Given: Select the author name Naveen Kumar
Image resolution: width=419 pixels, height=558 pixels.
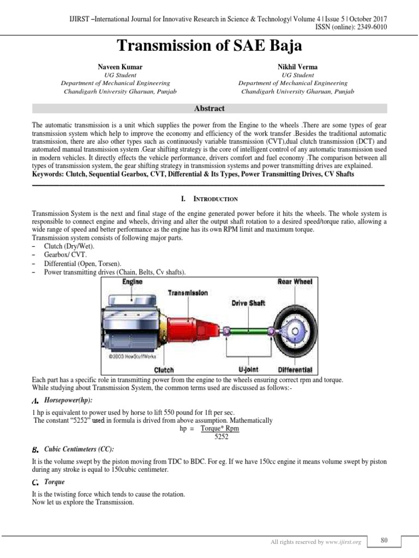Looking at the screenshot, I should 119,67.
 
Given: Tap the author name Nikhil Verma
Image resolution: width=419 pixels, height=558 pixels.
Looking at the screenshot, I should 297,67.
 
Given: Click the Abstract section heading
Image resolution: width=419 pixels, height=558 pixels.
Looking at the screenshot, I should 209,108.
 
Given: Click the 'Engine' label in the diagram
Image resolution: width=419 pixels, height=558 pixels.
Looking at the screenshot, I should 132,282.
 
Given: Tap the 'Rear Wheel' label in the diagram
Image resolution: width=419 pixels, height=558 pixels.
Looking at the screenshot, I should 295,282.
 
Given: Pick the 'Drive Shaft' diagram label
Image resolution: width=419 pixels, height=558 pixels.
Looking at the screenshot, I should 248,303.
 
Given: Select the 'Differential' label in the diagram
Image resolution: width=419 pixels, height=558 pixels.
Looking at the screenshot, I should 295,369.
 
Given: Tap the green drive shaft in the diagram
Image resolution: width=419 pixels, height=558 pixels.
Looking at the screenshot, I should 248,331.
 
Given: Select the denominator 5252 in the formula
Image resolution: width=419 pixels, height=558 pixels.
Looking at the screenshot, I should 221,436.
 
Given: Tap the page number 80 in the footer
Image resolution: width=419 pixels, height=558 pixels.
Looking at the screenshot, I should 384,540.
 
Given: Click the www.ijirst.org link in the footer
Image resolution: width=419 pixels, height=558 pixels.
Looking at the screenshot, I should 345,542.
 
